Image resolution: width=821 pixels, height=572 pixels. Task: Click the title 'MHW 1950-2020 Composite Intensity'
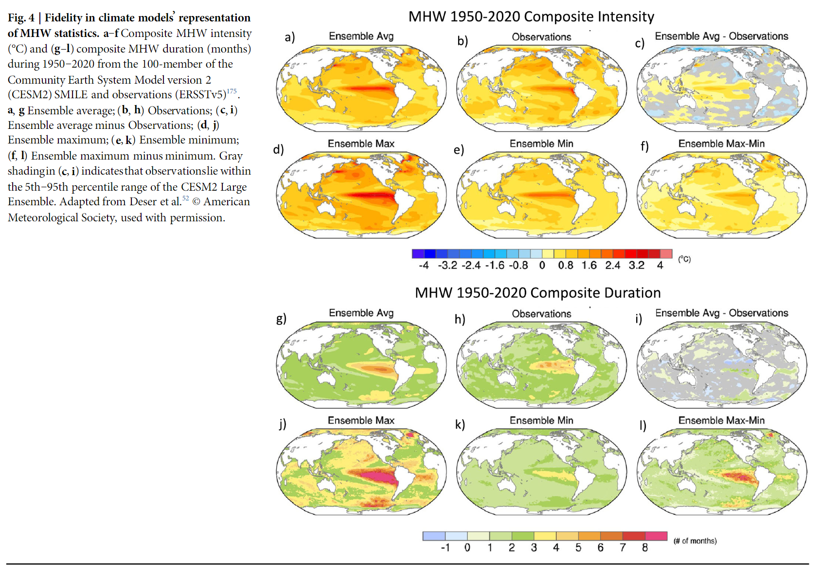pyautogui.click(x=531, y=17)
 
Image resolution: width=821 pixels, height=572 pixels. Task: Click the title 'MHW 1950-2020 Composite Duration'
pyautogui.click(x=537, y=293)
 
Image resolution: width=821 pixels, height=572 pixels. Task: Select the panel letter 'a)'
pyautogui.click(x=290, y=37)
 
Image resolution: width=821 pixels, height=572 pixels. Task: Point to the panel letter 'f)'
pyautogui.click(x=644, y=146)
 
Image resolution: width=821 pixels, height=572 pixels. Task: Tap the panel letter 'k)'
pyautogui.click(x=460, y=425)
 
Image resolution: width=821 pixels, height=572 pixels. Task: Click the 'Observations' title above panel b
pyautogui.click(x=541, y=37)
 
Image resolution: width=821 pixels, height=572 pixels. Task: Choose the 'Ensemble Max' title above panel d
pyautogui.click(x=361, y=143)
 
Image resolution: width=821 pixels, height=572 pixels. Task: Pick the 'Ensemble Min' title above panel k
pyautogui.click(x=541, y=420)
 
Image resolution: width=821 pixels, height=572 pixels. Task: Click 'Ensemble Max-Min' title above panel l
pyautogui.click(x=721, y=420)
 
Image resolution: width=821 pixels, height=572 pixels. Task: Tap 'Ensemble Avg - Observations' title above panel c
pyautogui.click(x=721, y=36)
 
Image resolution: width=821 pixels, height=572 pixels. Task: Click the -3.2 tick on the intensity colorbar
pyautogui.click(x=447, y=266)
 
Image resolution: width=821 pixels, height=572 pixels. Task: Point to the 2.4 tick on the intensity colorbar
pyautogui.click(x=612, y=266)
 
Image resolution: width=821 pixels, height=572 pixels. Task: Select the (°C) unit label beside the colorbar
pyautogui.click(x=684, y=259)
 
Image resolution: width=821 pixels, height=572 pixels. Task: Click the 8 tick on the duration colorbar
pyautogui.click(x=645, y=548)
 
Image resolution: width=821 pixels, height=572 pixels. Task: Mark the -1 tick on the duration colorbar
pyautogui.click(x=445, y=548)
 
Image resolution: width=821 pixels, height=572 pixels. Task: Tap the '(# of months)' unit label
pyautogui.click(x=695, y=541)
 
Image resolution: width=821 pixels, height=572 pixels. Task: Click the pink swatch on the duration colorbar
pyautogui.click(x=656, y=536)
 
